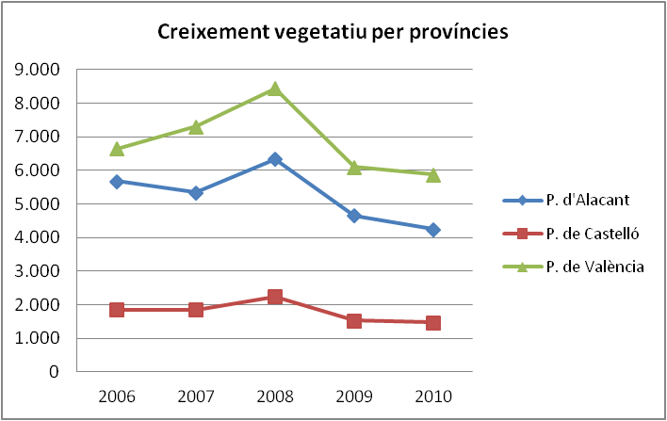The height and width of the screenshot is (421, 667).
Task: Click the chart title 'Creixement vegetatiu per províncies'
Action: pos(333,32)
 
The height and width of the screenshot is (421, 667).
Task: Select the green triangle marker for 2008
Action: pos(274,89)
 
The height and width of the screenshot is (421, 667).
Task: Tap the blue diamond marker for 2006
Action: pos(117,181)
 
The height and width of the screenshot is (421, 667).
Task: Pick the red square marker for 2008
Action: pos(274,297)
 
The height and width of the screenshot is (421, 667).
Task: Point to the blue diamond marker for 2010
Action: pos(432,229)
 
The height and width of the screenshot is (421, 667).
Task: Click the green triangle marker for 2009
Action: pos(353,167)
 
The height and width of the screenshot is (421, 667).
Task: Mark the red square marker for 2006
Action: pos(117,309)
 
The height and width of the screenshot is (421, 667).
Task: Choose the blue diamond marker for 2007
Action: pos(196,192)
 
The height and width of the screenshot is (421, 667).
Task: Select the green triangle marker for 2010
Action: pos(432,174)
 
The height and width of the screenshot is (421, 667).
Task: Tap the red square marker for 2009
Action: pos(353,320)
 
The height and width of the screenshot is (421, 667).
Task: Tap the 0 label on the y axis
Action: pos(55,372)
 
